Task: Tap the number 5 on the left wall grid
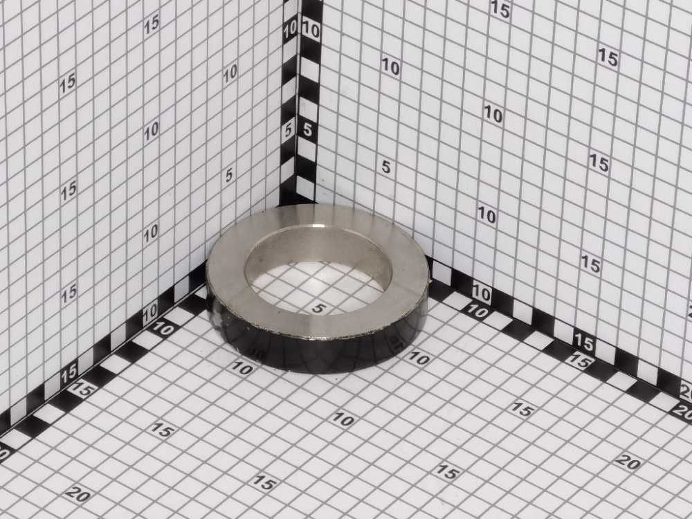228,175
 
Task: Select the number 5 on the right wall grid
386,167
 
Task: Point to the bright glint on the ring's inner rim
318,227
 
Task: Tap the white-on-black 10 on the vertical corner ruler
290,30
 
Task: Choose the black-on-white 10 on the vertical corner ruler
311,31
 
